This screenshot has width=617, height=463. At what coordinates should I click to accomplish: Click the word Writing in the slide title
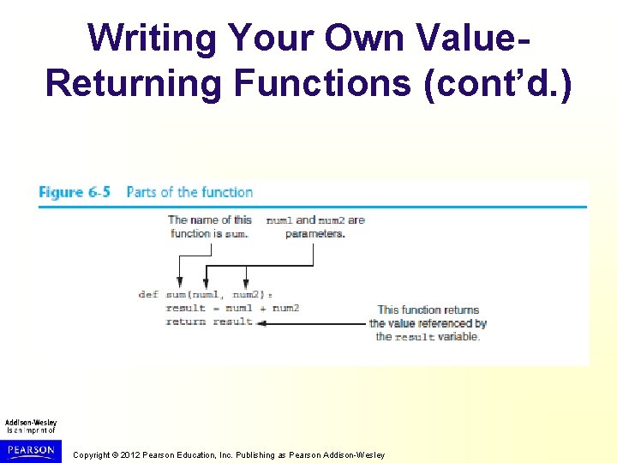(x=151, y=37)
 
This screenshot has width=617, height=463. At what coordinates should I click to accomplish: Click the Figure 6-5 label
(x=75, y=192)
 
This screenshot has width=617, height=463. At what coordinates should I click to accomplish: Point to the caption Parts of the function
(x=189, y=192)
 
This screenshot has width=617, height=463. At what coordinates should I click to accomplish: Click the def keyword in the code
(x=148, y=294)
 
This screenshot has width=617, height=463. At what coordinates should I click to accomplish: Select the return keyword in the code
(x=186, y=322)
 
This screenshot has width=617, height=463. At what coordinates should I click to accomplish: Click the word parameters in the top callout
(x=314, y=233)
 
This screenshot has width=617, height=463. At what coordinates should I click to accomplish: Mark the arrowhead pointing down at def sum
(x=179, y=283)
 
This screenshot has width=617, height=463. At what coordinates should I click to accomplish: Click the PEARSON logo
(x=31, y=450)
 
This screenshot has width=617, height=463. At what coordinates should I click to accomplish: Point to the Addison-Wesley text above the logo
(x=31, y=422)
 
